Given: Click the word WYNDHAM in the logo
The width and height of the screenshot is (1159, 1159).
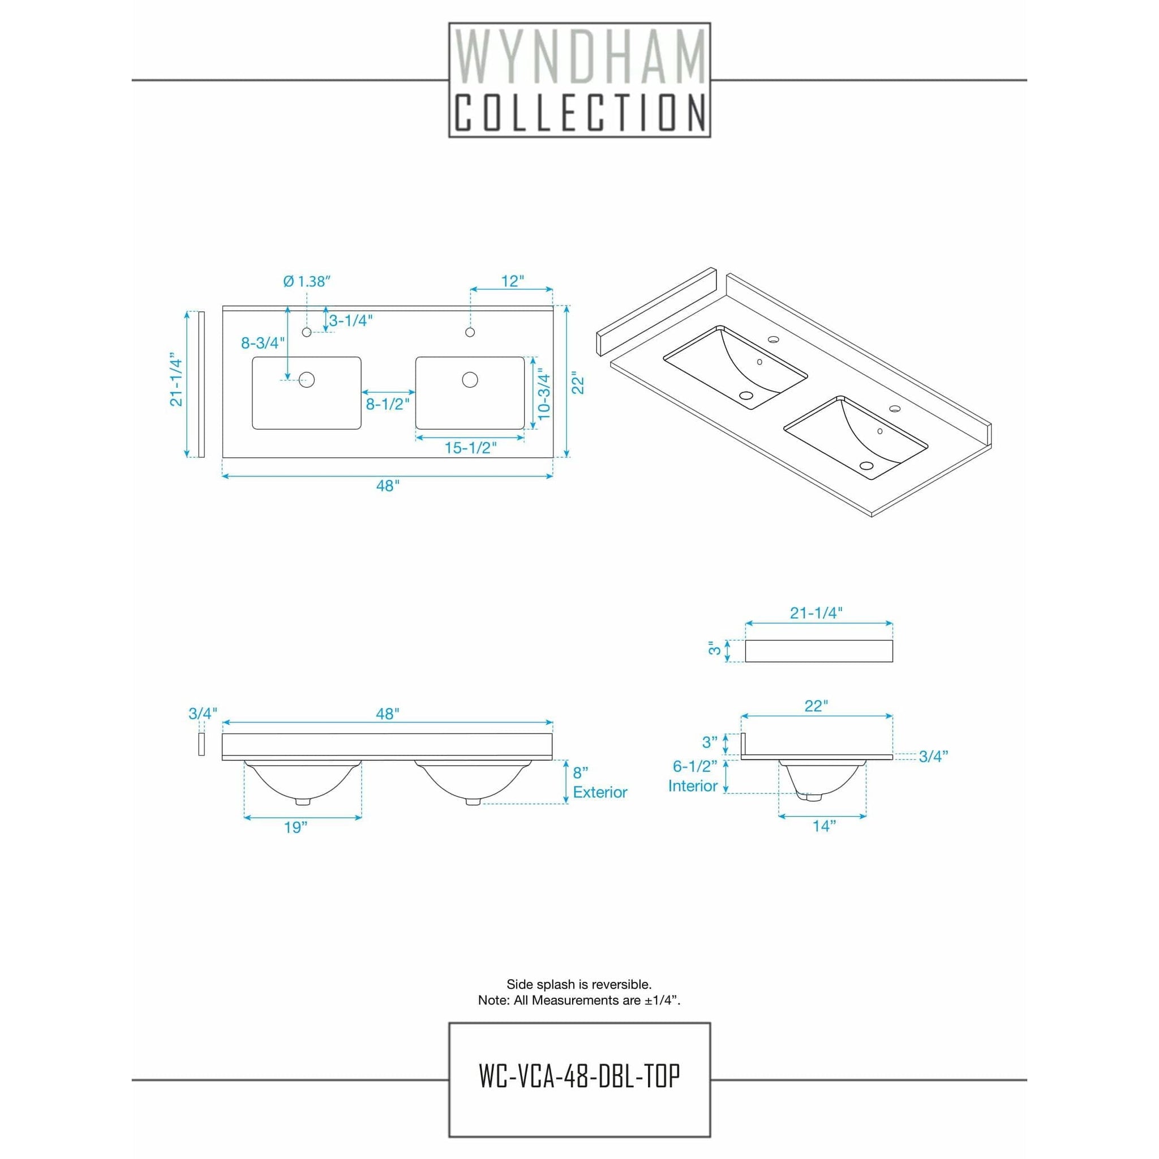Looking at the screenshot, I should point(579,59).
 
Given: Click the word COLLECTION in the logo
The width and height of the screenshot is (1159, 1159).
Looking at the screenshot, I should point(579,113).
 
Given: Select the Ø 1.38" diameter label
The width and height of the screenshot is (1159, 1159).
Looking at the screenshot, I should point(307,281).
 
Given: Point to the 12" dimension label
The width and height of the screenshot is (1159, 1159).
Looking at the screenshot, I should point(512,281).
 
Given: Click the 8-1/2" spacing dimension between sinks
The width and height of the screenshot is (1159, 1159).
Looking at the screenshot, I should point(388,403).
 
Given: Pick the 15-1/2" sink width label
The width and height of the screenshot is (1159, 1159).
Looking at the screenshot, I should point(470,448).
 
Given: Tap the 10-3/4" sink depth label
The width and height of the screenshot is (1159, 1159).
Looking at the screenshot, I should point(543,393).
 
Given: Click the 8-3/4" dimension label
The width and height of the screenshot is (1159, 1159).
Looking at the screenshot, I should point(263,342).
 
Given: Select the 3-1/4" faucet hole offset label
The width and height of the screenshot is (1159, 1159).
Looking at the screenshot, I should point(351,320).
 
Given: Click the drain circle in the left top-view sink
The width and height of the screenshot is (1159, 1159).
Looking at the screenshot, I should point(307,379).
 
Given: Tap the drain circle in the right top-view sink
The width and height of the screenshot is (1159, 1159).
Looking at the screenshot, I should point(470,379).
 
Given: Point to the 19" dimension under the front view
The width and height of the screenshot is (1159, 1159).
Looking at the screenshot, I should point(296,827).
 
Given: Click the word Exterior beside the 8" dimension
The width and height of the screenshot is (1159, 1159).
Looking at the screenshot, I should point(600,792).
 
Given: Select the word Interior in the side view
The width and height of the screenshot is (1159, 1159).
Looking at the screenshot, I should point(693,786).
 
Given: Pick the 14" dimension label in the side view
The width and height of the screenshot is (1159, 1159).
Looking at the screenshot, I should point(823,826).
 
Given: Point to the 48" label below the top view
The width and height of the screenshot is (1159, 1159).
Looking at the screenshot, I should point(388,486).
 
